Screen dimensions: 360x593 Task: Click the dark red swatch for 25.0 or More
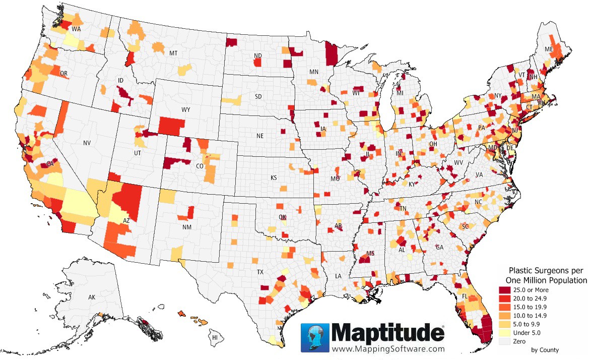click(x=505, y=290)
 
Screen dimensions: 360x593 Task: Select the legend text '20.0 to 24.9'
click(x=531, y=298)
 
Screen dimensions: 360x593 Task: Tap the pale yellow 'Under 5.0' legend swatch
click(x=505, y=333)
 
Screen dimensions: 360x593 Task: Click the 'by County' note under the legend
click(x=545, y=350)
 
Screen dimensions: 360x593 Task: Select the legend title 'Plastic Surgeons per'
click(x=546, y=271)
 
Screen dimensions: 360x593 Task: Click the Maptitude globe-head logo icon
click(x=315, y=337)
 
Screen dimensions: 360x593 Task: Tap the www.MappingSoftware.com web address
click(x=388, y=348)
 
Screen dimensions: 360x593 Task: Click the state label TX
click(x=260, y=272)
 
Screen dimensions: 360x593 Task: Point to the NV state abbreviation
click(x=87, y=143)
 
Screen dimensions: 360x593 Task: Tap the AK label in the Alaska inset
click(x=92, y=297)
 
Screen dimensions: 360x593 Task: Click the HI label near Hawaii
click(x=215, y=337)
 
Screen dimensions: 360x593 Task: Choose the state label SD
click(x=258, y=96)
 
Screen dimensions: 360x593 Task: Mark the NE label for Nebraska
click(x=260, y=136)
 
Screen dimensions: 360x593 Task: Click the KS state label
click(x=274, y=178)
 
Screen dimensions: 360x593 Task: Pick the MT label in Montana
click(x=173, y=53)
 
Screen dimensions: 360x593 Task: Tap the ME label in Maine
click(x=549, y=49)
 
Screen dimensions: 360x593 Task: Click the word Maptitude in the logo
click(x=388, y=333)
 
